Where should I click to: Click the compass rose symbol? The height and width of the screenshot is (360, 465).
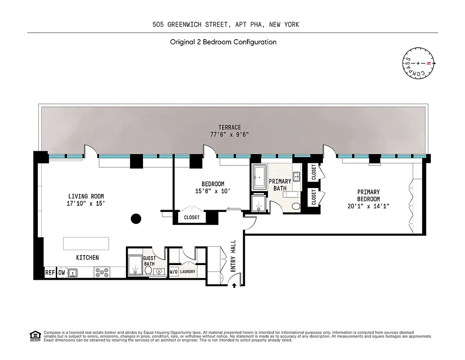tap(418, 63)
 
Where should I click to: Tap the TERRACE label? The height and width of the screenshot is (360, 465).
tap(230, 127)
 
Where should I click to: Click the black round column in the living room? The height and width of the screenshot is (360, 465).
tap(136, 219)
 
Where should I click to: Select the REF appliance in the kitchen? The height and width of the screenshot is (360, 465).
tap(50, 273)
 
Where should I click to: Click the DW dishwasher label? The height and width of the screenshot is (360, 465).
tap(62, 273)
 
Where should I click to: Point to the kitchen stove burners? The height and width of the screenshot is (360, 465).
tap(102, 272)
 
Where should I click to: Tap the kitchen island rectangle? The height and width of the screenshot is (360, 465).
tap(86, 243)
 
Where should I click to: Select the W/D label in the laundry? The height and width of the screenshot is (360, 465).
tap(174, 272)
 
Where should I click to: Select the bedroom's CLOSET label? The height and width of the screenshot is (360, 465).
tap(192, 217)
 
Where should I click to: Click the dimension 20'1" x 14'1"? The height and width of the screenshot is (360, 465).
tap(368, 206)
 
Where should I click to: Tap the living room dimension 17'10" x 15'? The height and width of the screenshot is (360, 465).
tap(86, 203)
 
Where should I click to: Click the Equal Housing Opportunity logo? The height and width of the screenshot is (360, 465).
tap(34, 335)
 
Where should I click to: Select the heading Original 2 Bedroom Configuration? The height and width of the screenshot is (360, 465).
tap(223, 42)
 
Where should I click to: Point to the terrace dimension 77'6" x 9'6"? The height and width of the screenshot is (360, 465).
tap(230, 135)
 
